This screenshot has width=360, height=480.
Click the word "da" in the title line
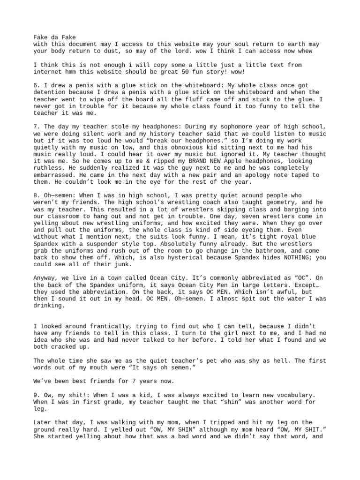54,37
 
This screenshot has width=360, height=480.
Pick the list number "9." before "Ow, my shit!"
37,395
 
